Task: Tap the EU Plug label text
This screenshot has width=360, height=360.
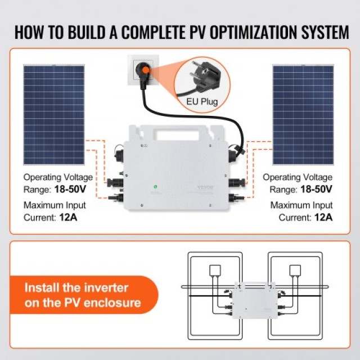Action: pyautogui.click(x=201, y=102)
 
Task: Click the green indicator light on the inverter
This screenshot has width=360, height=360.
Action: pyautogui.click(x=152, y=187)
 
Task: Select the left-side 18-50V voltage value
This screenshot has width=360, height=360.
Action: pyautogui.click(x=76, y=189)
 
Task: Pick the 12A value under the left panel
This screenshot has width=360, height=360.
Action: pyautogui.click(x=67, y=217)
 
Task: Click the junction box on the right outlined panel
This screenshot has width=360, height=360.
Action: pyautogui.click(x=295, y=270)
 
